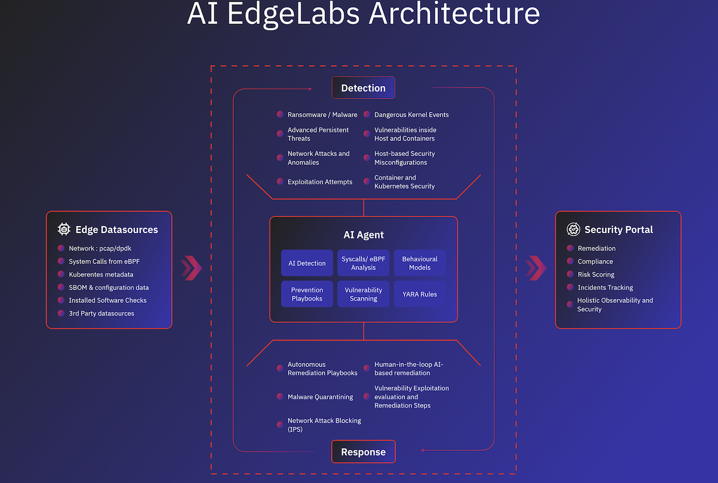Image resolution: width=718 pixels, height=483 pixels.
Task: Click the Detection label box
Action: coord(363,88)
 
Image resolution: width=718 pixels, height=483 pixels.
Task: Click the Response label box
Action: coord(363,452)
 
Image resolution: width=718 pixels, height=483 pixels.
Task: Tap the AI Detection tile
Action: coord(307,263)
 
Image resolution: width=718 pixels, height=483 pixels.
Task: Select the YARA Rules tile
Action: coord(419,294)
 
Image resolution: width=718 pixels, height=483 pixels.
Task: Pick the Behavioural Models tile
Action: coord(419,263)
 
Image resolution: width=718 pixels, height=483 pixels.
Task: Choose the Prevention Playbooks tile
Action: coord(307,294)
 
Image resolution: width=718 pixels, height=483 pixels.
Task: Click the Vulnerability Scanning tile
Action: coord(363,294)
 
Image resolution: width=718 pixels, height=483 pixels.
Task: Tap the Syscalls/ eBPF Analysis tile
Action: coord(363,263)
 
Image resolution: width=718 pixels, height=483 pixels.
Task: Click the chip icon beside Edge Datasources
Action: coord(64,229)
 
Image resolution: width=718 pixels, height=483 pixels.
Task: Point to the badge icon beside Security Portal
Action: coord(573,229)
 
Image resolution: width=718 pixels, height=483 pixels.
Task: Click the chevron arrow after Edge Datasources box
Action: coord(191,268)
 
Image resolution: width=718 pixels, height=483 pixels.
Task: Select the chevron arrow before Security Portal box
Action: coord(536,268)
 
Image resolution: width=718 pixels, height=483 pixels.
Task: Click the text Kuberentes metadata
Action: coord(101,274)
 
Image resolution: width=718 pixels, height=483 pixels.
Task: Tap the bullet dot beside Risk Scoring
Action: coord(570,274)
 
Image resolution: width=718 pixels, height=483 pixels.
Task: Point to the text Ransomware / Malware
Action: coord(322,115)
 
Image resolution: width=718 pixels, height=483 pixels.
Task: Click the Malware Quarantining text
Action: coord(320,397)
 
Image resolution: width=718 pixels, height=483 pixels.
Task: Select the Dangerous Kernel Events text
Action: coord(411,115)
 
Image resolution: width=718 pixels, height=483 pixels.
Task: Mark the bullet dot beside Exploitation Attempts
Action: coord(280,182)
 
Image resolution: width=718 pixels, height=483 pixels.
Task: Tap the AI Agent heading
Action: coord(363,235)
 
